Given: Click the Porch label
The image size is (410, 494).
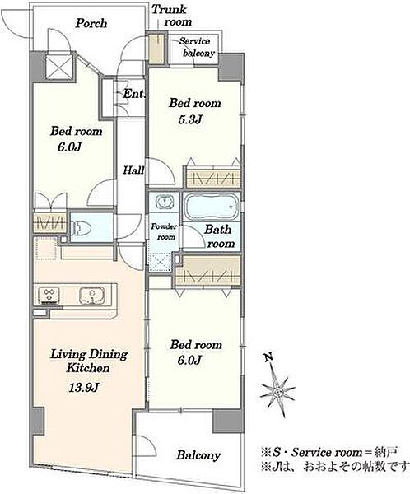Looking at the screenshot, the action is click(91, 23).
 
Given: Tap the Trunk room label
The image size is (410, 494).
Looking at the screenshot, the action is click(172, 16).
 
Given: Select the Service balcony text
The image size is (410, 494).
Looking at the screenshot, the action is click(197, 47).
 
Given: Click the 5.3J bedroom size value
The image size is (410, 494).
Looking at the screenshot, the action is click(189, 119).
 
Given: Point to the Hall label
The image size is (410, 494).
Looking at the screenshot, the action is click(133, 170).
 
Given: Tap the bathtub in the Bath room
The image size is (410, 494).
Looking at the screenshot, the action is click(211, 207).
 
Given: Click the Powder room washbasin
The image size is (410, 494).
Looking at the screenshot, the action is click(164, 202).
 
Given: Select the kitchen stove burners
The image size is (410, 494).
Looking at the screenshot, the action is click(49, 296).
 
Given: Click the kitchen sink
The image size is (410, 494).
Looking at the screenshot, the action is click(91, 296).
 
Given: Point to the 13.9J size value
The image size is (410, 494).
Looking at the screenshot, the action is click(84, 387).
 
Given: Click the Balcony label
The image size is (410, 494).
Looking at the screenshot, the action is click(198, 455).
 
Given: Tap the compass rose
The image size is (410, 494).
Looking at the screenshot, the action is click(277, 391).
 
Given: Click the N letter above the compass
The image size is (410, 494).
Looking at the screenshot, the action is click(268, 357).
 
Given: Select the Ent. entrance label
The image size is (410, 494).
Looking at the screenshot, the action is click(133, 94).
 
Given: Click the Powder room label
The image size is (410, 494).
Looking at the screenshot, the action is click(164, 231).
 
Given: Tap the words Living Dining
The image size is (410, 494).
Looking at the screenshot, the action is click(89, 354).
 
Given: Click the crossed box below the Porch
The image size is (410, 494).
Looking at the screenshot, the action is click(60, 67).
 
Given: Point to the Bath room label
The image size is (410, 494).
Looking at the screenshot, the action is click(219, 236).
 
